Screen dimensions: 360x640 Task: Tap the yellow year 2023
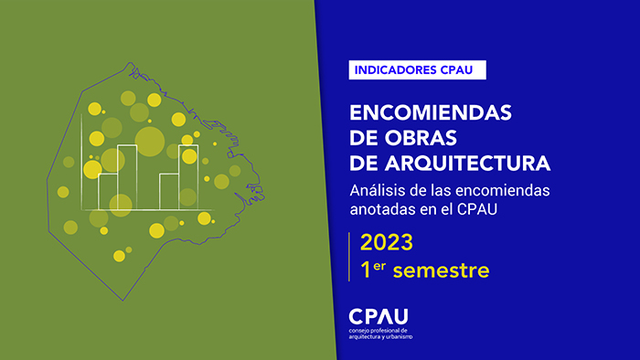[x=386, y=243]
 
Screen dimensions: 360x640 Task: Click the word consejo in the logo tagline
[x=360, y=330]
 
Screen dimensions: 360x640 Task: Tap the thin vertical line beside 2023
[x=350, y=257]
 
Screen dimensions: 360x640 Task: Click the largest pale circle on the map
[x=149, y=140]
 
